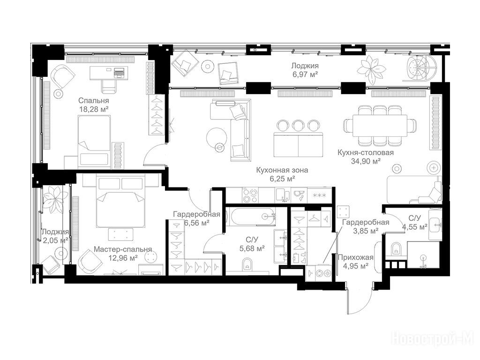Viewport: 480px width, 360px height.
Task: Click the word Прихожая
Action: [355, 257]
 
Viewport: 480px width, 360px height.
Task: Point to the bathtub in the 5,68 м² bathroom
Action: [254, 216]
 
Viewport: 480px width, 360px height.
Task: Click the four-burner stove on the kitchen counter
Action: [250, 195]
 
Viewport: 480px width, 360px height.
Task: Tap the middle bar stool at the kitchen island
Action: [298, 125]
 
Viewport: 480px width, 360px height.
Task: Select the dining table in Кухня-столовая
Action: [380, 126]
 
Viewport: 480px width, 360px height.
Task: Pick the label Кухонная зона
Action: [282, 170]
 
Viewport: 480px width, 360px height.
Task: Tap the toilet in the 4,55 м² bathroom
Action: [396, 248]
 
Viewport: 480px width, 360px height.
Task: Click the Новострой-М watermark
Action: [432, 338]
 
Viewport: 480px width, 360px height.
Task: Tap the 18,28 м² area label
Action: [94, 109]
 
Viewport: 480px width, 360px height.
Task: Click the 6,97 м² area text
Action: [305, 74]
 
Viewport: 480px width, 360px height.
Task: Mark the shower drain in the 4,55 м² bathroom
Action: [424, 258]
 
